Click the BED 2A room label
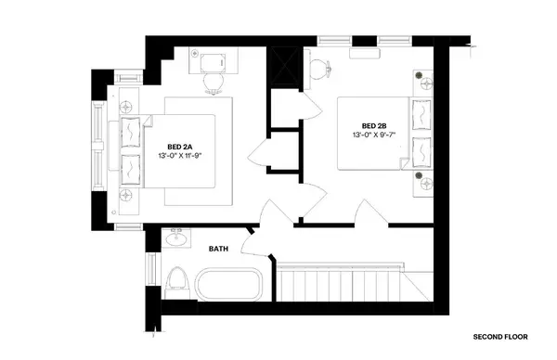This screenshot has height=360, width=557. pyautogui.click(x=180, y=146)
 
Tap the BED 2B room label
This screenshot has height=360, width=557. pyautogui.click(x=374, y=125)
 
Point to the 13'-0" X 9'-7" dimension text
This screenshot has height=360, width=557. pyautogui.click(x=374, y=135)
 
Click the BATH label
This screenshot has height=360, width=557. pyautogui.click(x=218, y=249)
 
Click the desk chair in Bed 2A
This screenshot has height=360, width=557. pyautogui.click(x=214, y=82)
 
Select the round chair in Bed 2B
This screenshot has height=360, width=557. pyautogui.click(x=319, y=67)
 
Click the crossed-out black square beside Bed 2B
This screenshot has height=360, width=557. pyautogui.click(x=282, y=67)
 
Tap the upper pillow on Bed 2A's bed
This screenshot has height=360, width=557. pyautogui.click(x=133, y=132)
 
